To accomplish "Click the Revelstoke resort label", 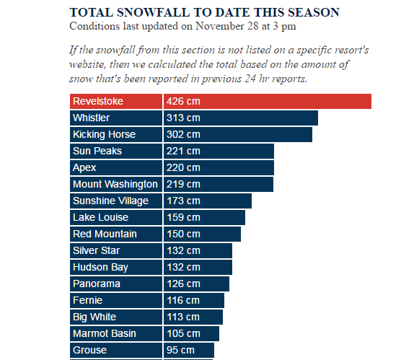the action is [98, 101].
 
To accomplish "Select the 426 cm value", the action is [183, 101].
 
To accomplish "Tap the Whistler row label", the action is [91, 118].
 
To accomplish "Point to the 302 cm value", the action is [183, 134].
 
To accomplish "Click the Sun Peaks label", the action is [97, 151].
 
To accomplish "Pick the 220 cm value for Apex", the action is [183, 167].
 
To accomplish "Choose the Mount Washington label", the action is [115, 184].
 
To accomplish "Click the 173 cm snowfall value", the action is [183, 201].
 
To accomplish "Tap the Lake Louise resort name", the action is [100, 217].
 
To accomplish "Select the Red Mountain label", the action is [105, 234].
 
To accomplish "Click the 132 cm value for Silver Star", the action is [183, 250].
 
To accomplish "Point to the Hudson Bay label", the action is [100, 268].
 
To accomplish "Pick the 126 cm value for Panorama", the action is [183, 284].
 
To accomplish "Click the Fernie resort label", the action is [87, 300].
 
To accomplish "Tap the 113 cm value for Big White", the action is [183, 317].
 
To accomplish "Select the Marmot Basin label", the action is [105, 333].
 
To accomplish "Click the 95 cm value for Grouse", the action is [180, 350].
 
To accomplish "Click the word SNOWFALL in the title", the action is [154, 12].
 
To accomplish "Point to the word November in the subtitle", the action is [220, 26].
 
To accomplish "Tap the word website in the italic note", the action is [87, 64].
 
